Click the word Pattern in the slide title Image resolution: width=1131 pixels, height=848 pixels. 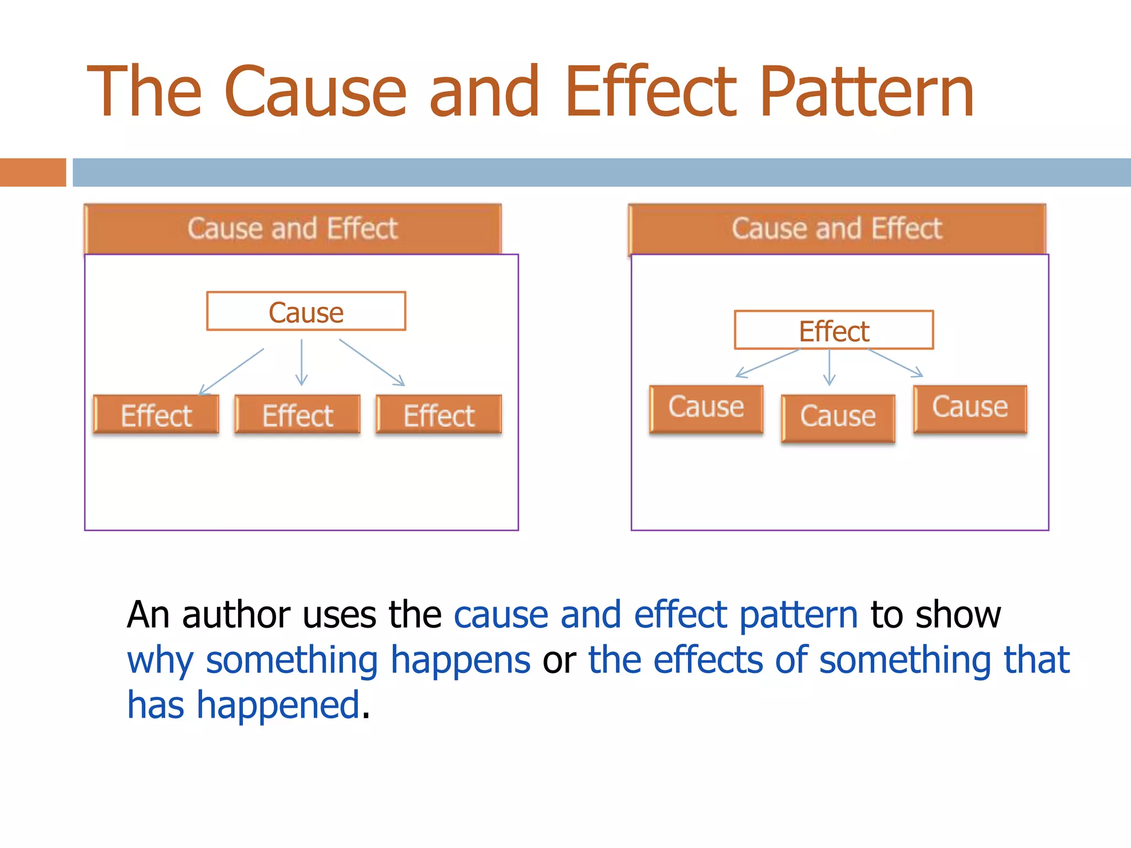click(867, 92)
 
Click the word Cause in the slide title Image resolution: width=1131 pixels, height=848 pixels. click(315, 92)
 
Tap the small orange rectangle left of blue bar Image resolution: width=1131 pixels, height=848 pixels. click(33, 172)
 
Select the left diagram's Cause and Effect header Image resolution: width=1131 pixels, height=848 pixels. click(293, 229)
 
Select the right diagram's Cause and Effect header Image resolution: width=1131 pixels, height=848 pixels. click(837, 229)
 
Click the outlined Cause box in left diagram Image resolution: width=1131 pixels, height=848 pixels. click(306, 311)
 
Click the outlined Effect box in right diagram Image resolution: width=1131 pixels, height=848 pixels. click(834, 330)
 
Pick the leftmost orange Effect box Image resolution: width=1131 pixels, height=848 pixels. click(156, 415)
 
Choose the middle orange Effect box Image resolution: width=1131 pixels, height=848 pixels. click(298, 415)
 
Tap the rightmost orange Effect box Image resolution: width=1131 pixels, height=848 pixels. click(439, 415)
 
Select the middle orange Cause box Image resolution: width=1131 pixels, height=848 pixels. click(838, 417)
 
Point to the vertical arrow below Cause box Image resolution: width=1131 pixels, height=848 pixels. click(302, 362)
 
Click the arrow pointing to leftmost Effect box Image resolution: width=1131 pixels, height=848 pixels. click(231, 371)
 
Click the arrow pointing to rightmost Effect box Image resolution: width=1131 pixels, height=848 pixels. click(372, 362)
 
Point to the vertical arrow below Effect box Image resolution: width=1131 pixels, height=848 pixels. click(829, 367)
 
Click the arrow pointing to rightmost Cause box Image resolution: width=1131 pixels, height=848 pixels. click(895, 363)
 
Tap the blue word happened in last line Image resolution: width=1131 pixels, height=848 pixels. click(279, 706)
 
